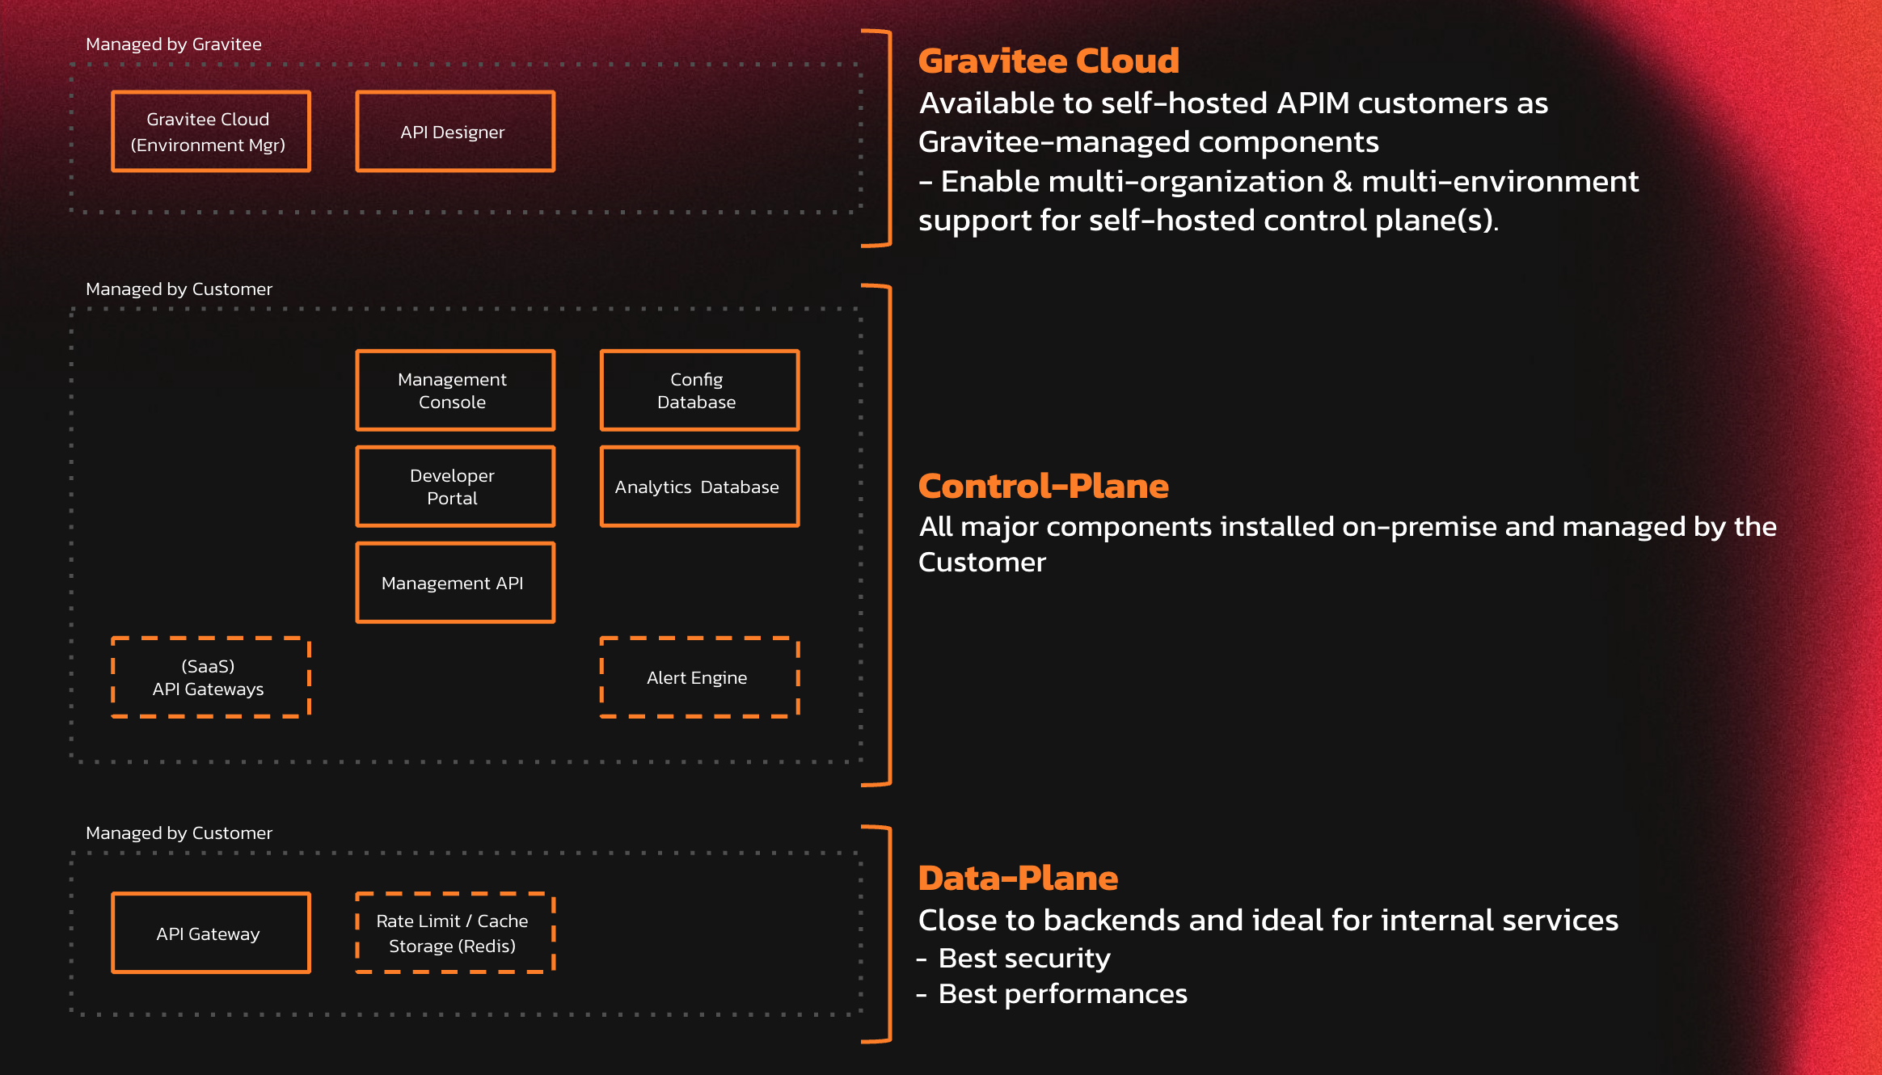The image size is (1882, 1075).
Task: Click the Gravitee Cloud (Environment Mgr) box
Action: pos(210,132)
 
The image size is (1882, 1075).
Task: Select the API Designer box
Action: pos(455,132)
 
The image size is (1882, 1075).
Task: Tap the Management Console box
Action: pos(455,390)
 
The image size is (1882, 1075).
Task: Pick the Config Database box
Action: pos(699,390)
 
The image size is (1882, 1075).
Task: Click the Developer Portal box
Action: pos(455,487)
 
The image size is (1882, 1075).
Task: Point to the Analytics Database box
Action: pos(699,487)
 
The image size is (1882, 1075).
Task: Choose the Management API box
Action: pos(455,583)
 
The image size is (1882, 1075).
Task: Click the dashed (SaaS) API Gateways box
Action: pos(210,677)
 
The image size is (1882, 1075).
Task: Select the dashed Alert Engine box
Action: pos(699,677)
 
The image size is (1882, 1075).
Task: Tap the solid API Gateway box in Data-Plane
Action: pos(210,934)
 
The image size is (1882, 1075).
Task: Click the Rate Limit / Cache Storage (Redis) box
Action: pos(455,934)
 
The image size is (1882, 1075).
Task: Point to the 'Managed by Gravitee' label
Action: pos(174,44)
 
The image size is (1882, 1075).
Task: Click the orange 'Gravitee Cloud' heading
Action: pos(1049,61)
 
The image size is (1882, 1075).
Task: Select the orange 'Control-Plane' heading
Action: pos(1043,487)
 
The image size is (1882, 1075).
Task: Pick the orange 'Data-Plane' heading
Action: pos(1018,879)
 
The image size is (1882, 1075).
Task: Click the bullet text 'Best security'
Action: pos(1024,959)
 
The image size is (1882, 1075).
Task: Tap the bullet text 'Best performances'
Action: pos(1062,994)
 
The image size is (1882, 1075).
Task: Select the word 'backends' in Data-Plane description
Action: pos(1112,921)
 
